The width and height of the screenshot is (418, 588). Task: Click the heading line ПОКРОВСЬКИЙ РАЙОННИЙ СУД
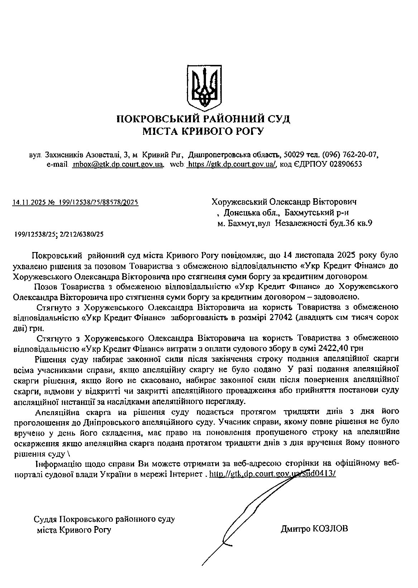tap(203, 119)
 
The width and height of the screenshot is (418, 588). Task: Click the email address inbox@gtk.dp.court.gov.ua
tap(118, 164)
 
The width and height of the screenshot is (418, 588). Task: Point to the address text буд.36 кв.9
tap(351, 223)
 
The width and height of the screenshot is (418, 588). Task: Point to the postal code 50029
tap(294, 155)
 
